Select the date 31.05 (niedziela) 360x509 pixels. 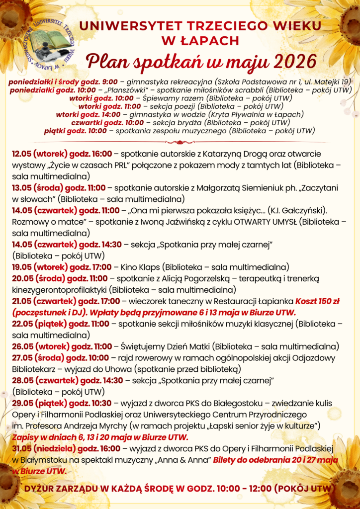43,449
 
